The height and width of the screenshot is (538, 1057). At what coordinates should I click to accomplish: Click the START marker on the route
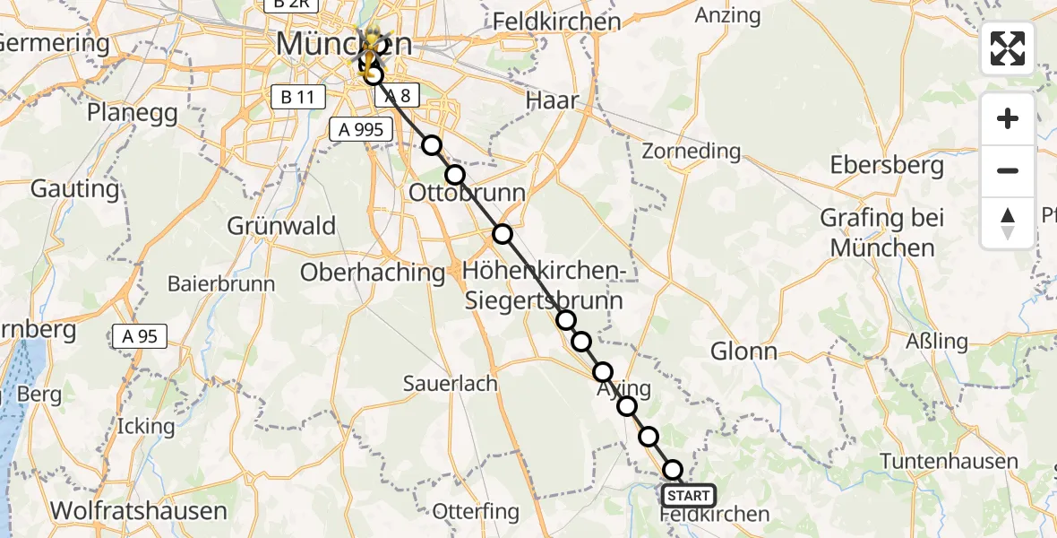click(x=688, y=495)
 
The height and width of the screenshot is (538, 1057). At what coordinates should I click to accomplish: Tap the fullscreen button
click(x=1008, y=48)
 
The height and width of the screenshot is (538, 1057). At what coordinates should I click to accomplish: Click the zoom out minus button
click(x=1008, y=170)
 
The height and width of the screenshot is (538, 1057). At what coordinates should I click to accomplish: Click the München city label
click(x=344, y=43)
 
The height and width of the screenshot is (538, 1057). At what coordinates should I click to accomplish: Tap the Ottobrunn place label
click(x=467, y=193)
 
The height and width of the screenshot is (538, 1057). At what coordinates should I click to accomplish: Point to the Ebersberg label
click(x=887, y=166)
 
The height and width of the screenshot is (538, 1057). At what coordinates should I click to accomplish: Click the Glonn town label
click(x=743, y=351)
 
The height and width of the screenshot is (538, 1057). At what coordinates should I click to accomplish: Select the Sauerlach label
click(x=450, y=384)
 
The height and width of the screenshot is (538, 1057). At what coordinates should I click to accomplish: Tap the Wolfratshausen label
click(x=138, y=510)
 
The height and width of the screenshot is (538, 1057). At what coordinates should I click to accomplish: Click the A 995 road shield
click(x=361, y=129)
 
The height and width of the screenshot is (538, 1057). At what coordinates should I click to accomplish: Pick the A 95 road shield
click(x=140, y=336)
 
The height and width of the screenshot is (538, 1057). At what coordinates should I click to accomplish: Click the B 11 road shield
click(x=296, y=97)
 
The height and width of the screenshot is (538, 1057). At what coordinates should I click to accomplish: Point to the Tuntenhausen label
click(x=949, y=462)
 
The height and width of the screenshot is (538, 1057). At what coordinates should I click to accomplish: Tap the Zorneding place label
click(x=692, y=151)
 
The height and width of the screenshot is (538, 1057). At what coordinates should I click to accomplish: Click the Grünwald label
click(x=281, y=225)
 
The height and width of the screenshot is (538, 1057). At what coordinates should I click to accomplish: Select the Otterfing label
click(x=476, y=512)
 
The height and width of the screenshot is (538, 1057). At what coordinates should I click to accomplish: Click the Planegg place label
click(x=133, y=114)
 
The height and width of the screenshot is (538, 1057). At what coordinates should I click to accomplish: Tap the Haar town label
click(x=554, y=100)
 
